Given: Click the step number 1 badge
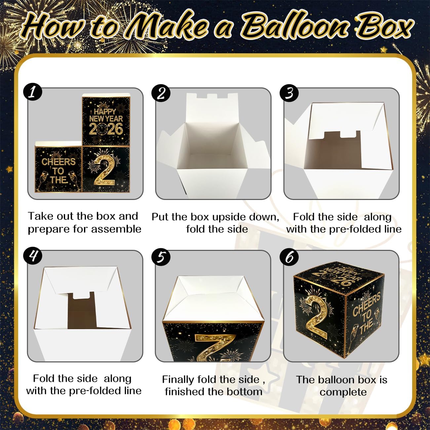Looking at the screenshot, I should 33,92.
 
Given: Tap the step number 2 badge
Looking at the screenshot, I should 161,93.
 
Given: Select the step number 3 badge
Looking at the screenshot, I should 289,93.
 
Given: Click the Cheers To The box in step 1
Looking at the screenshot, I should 58,170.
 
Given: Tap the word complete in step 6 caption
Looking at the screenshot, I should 343,392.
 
